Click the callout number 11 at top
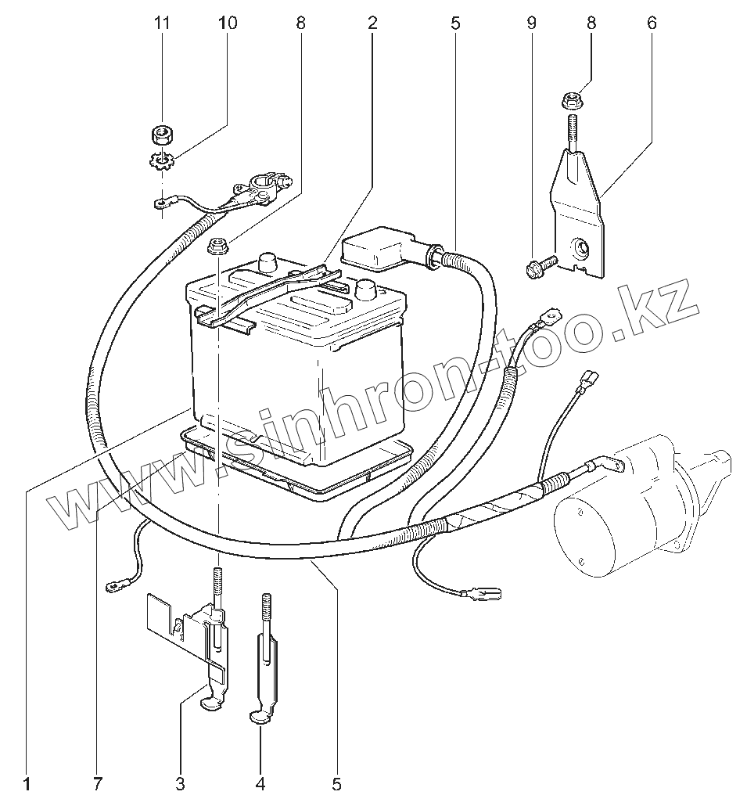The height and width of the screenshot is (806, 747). pyautogui.click(x=162, y=23)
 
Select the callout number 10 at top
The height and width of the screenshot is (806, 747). pyautogui.click(x=227, y=23)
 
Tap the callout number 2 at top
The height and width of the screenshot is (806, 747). pyautogui.click(x=372, y=23)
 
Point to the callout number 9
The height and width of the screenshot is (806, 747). pyautogui.click(x=531, y=23)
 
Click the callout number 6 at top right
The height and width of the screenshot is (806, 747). pyautogui.click(x=652, y=23)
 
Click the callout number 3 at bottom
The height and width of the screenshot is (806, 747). pyautogui.click(x=180, y=783)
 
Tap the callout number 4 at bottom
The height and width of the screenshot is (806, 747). pyautogui.click(x=261, y=783)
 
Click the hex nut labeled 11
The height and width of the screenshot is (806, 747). pyautogui.click(x=162, y=134)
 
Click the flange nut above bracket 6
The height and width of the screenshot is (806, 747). pyautogui.click(x=569, y=101)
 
